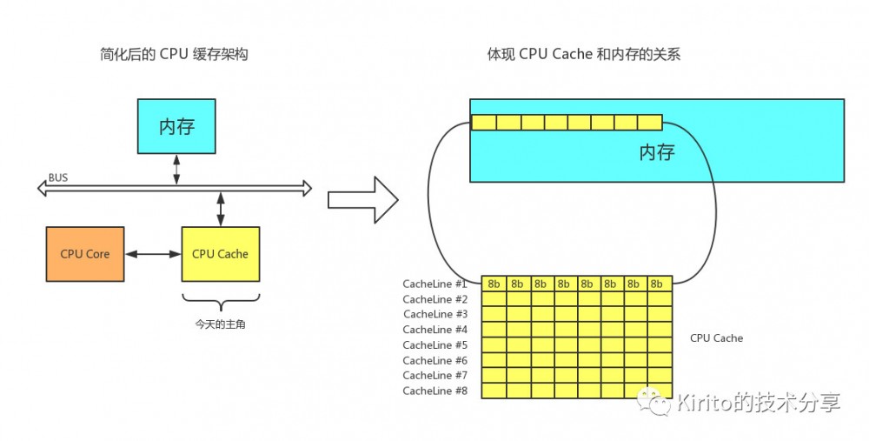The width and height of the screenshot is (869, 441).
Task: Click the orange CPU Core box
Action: point(84,254)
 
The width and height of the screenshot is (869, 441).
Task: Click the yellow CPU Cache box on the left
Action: point(220,254)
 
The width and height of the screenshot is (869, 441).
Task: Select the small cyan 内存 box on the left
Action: point(176,126)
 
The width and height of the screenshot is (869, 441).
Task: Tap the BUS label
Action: point(58,177)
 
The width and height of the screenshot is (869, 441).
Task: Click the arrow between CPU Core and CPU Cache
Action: point(153,254)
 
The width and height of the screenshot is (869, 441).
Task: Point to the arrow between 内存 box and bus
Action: point(176,170)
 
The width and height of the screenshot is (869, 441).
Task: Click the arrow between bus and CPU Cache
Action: point(220,209)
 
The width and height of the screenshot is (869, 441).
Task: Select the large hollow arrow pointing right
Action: point(362,200)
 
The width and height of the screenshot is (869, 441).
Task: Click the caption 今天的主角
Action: point(220,324)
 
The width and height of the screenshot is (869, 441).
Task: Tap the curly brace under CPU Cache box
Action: point(220,304)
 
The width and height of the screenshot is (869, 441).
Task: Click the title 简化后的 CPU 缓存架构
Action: point(175,55)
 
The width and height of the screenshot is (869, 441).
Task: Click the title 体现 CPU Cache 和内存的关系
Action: point(583,55)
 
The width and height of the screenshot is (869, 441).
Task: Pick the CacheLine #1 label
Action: point(435,284)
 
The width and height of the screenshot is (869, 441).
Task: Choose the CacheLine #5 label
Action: point(435,344)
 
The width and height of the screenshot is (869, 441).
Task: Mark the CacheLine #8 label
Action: point(435,391)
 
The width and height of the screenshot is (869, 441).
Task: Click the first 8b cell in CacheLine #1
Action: point(494,284)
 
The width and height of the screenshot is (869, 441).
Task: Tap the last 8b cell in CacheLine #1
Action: point(659,284)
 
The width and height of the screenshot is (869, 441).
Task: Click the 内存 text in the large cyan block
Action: point(657,153)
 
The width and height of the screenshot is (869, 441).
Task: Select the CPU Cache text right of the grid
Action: point(716,337)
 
